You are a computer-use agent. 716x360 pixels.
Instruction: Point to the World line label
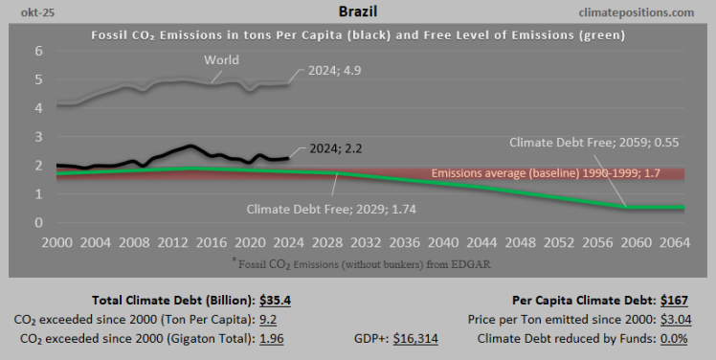220,60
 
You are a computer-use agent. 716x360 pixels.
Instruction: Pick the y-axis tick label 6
39,51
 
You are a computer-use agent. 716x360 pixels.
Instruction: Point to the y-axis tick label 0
39,223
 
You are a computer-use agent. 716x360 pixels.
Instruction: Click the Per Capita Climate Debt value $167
680,300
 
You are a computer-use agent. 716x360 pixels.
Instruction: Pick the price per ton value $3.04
678,319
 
